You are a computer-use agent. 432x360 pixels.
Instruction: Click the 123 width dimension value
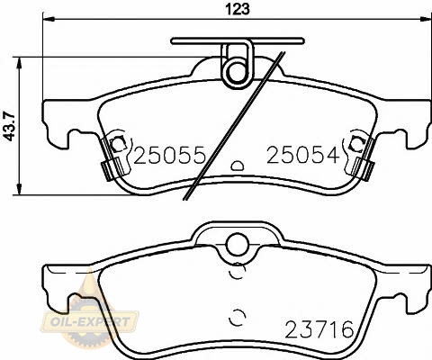[238, 9]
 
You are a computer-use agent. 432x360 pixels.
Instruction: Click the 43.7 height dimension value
[11, 126]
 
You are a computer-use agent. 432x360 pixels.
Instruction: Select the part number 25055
[169, 156]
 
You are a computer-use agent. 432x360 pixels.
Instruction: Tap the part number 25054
[303, 156]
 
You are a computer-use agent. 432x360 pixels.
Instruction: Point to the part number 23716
[319, 329]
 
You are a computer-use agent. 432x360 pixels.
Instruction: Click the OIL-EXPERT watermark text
[90, 322]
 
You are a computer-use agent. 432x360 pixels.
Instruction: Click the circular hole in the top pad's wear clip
[238, 72]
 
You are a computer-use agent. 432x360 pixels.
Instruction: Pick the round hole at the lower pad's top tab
[238, 245]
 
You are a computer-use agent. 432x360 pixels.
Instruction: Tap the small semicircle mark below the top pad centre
[238, 166]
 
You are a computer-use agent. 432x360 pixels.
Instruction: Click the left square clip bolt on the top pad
[117, 144]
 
